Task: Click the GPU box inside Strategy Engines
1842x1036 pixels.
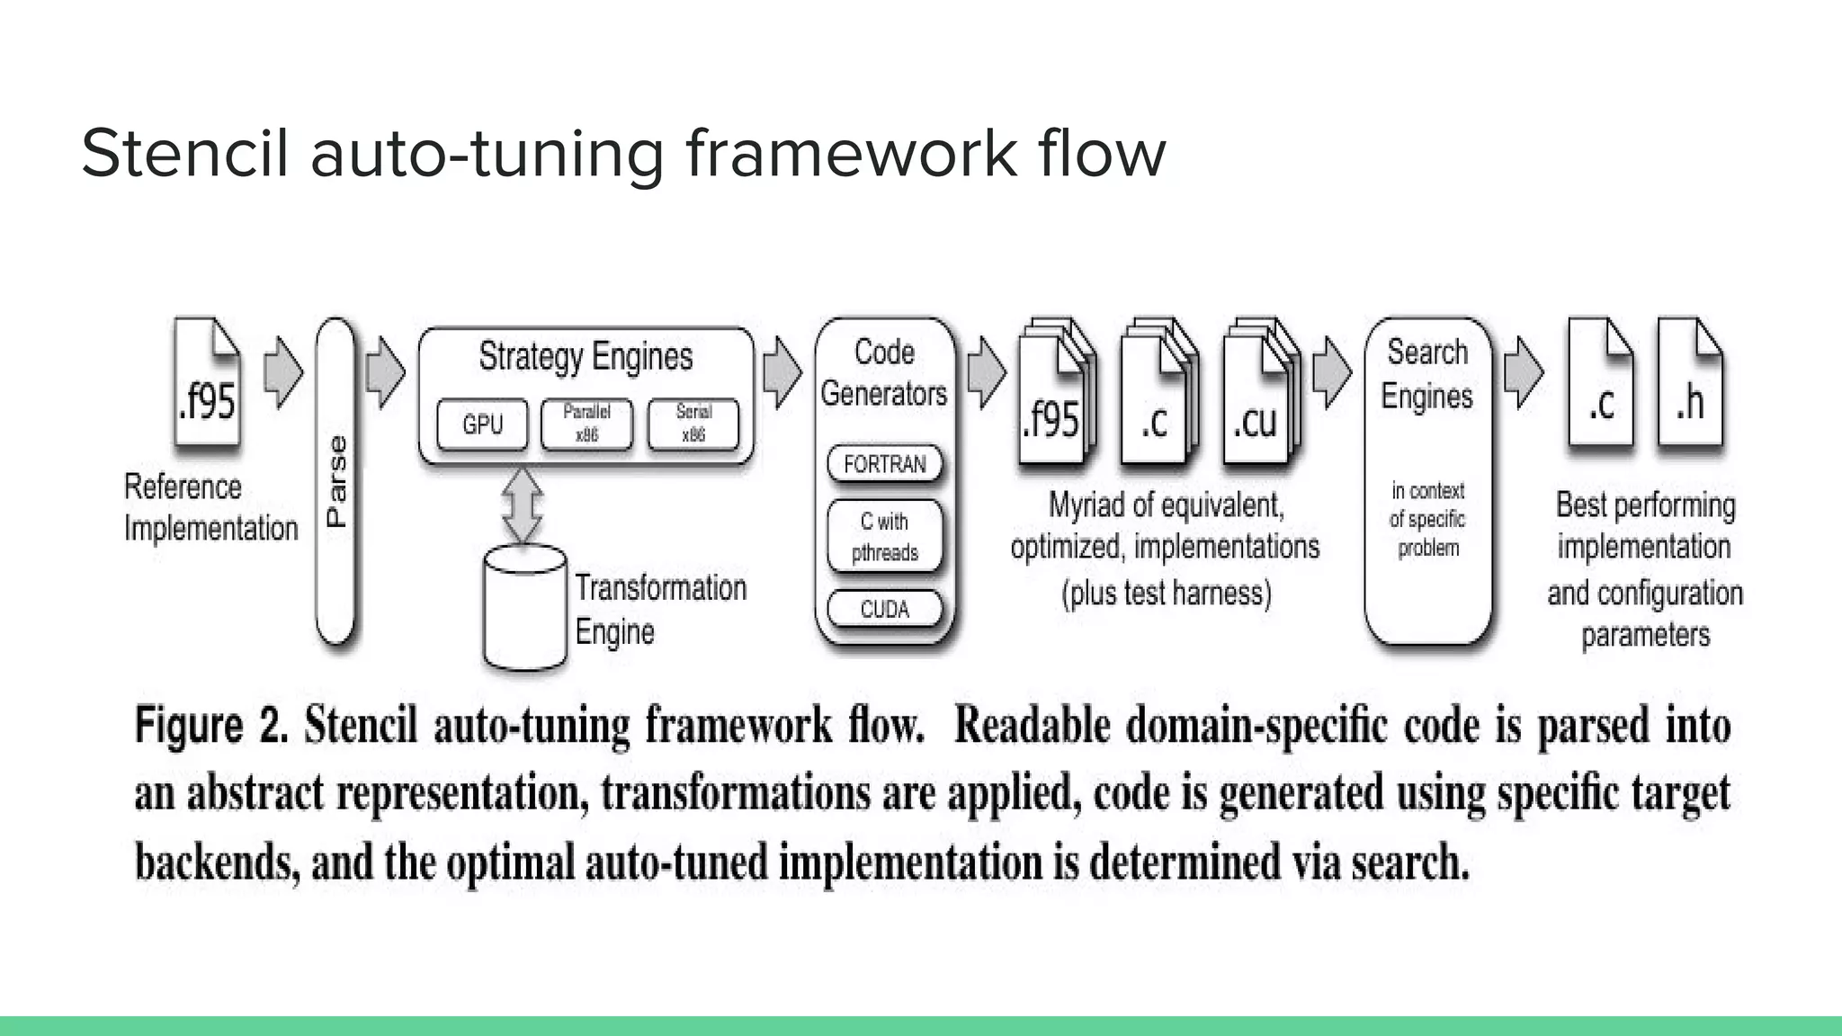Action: coord(482,424)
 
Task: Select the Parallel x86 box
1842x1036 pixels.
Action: coord(586,424)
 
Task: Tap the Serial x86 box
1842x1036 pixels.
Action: coord(693,424)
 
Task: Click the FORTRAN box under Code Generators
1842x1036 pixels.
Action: coord(885,464)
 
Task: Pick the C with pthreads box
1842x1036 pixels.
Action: coord(885,536)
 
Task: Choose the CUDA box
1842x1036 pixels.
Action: coord(885,609)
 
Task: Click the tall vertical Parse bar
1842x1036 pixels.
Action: coord(335,481)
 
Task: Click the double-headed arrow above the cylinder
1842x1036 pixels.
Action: coord(523,505)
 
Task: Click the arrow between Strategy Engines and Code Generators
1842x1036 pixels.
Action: coord(782,372)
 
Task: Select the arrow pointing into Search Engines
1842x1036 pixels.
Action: coord(1331,372)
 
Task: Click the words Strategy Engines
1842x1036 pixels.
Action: coord(586,356)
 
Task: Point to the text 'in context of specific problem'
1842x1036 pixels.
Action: coord(1427,519)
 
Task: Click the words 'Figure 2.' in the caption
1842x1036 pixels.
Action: coord(211,725)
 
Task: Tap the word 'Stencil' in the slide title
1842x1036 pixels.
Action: coord(184,153)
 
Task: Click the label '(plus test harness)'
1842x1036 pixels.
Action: coord(1167,594)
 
